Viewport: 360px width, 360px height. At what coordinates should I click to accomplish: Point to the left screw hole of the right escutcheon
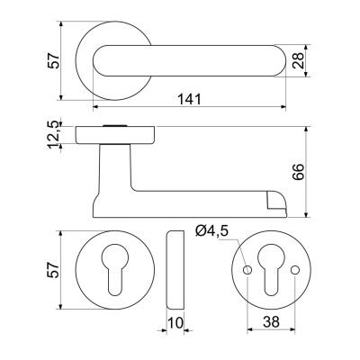247,270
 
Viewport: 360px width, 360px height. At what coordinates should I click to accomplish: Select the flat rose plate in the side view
117,135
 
